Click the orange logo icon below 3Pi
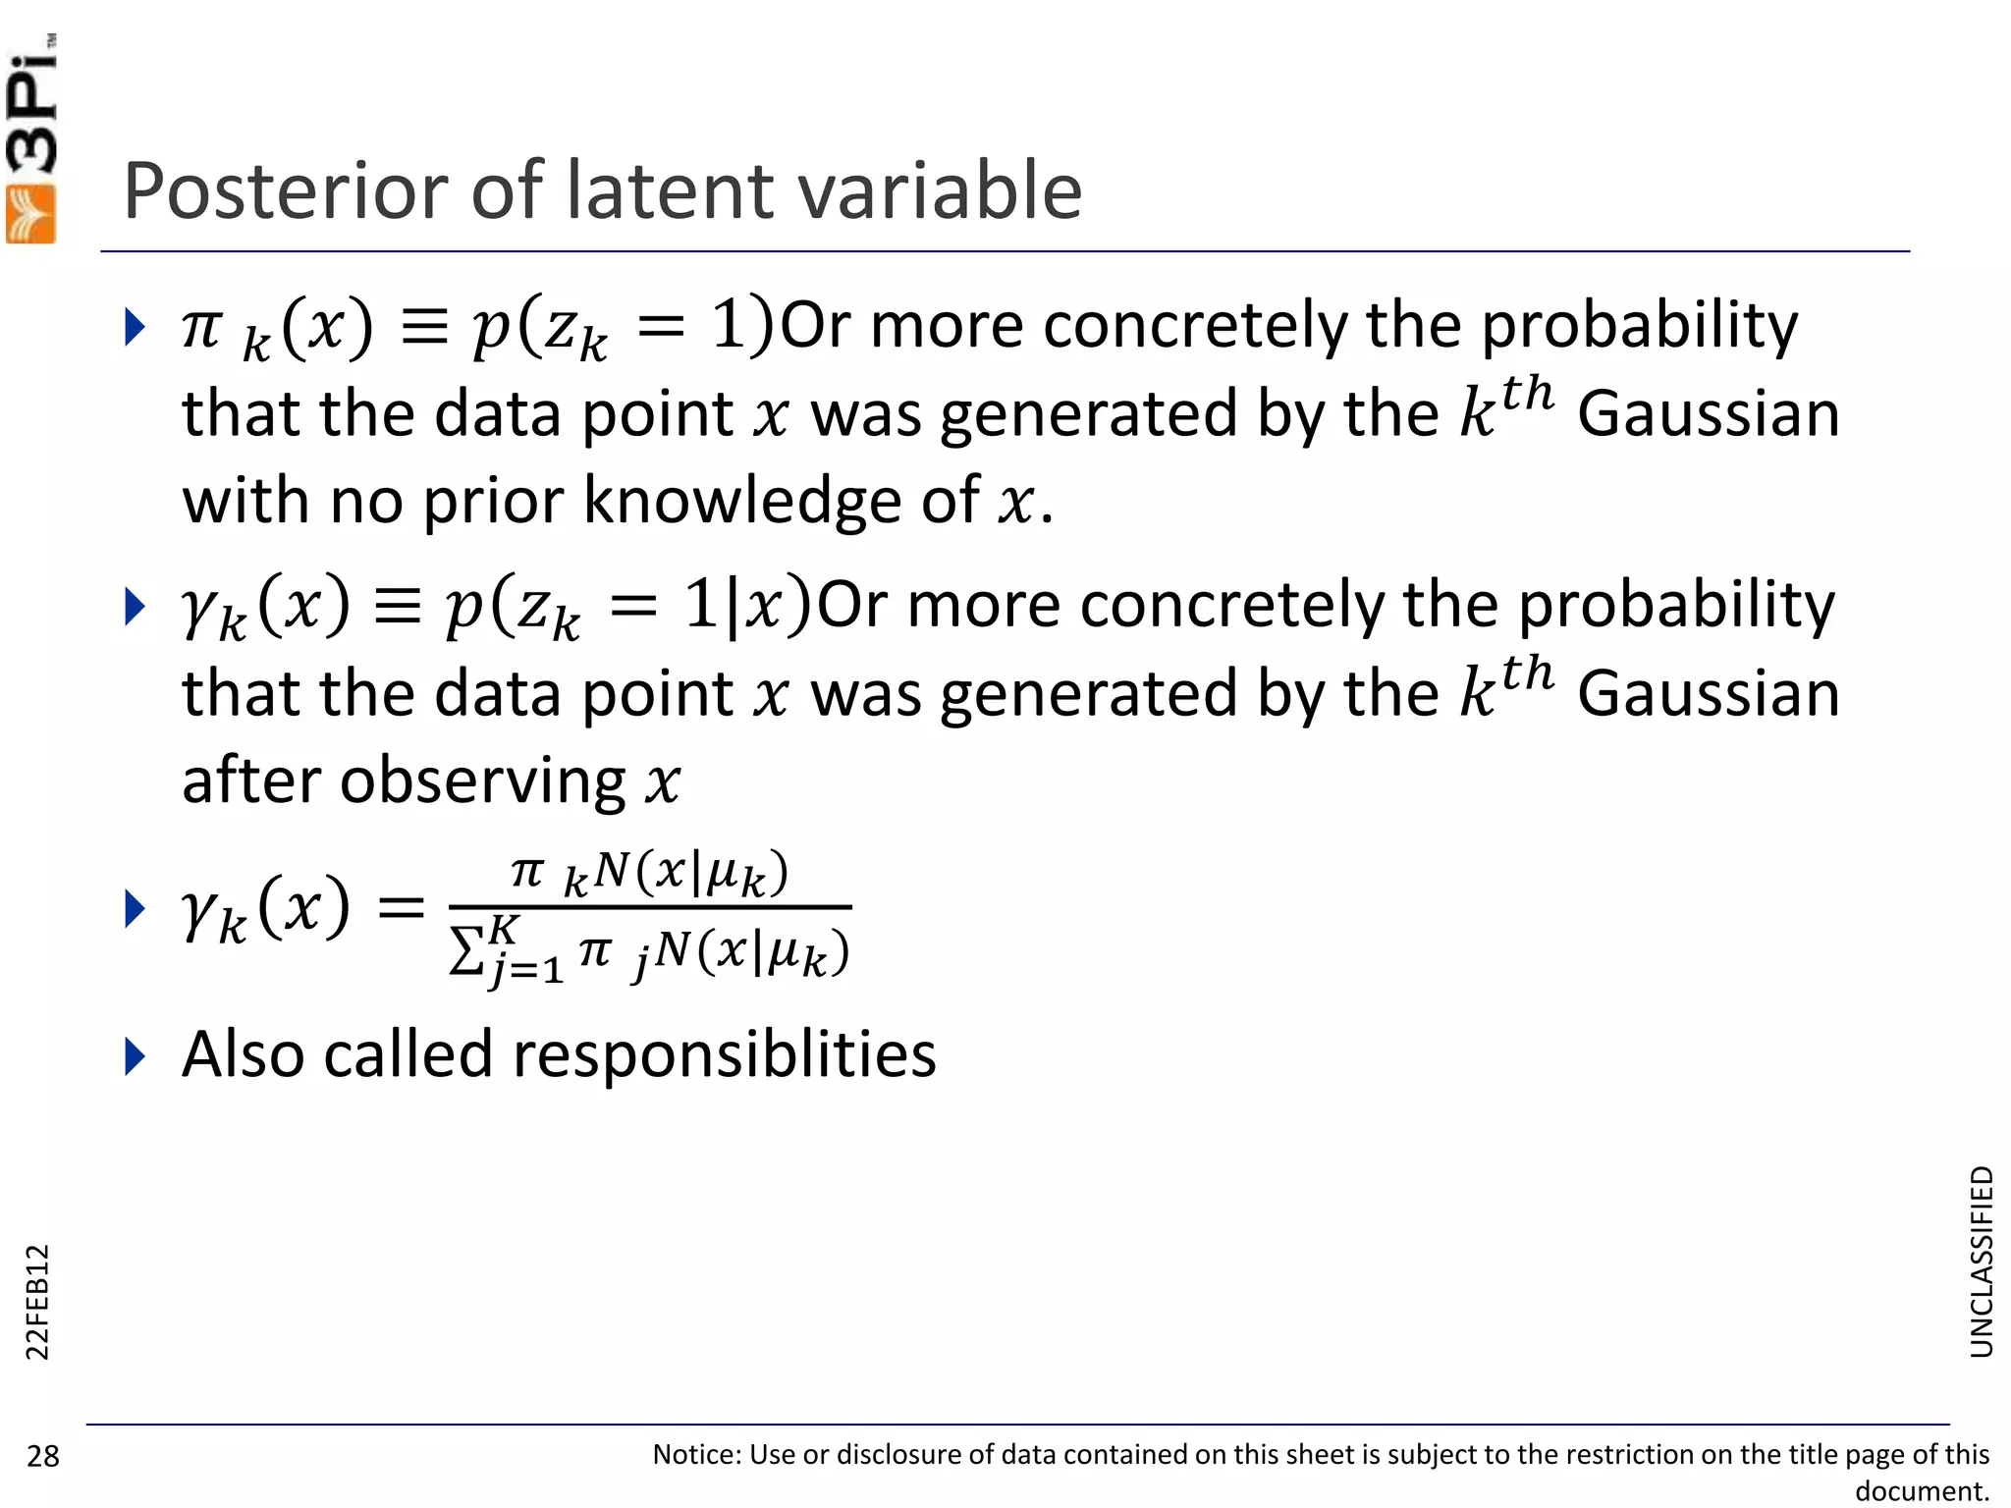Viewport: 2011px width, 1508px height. (x=31, y=213)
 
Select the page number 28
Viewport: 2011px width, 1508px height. (x=43, y=1456)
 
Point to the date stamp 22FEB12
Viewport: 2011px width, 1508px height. (x=36, y=1302)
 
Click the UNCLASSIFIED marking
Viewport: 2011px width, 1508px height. (x=1982, y=1262)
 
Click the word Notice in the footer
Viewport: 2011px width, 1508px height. (x=696, y=1454)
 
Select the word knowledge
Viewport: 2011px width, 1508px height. (x=744, y=501)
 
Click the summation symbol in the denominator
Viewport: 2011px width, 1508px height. (x=466, y=950)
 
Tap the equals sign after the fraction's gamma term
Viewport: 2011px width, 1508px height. (x=401, y=907)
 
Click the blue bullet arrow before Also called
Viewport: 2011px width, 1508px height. (x=136, y=1056)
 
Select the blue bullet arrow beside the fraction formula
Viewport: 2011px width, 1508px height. (x=136, y=908)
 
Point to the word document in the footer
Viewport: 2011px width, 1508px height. (x=1921, y=1491)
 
